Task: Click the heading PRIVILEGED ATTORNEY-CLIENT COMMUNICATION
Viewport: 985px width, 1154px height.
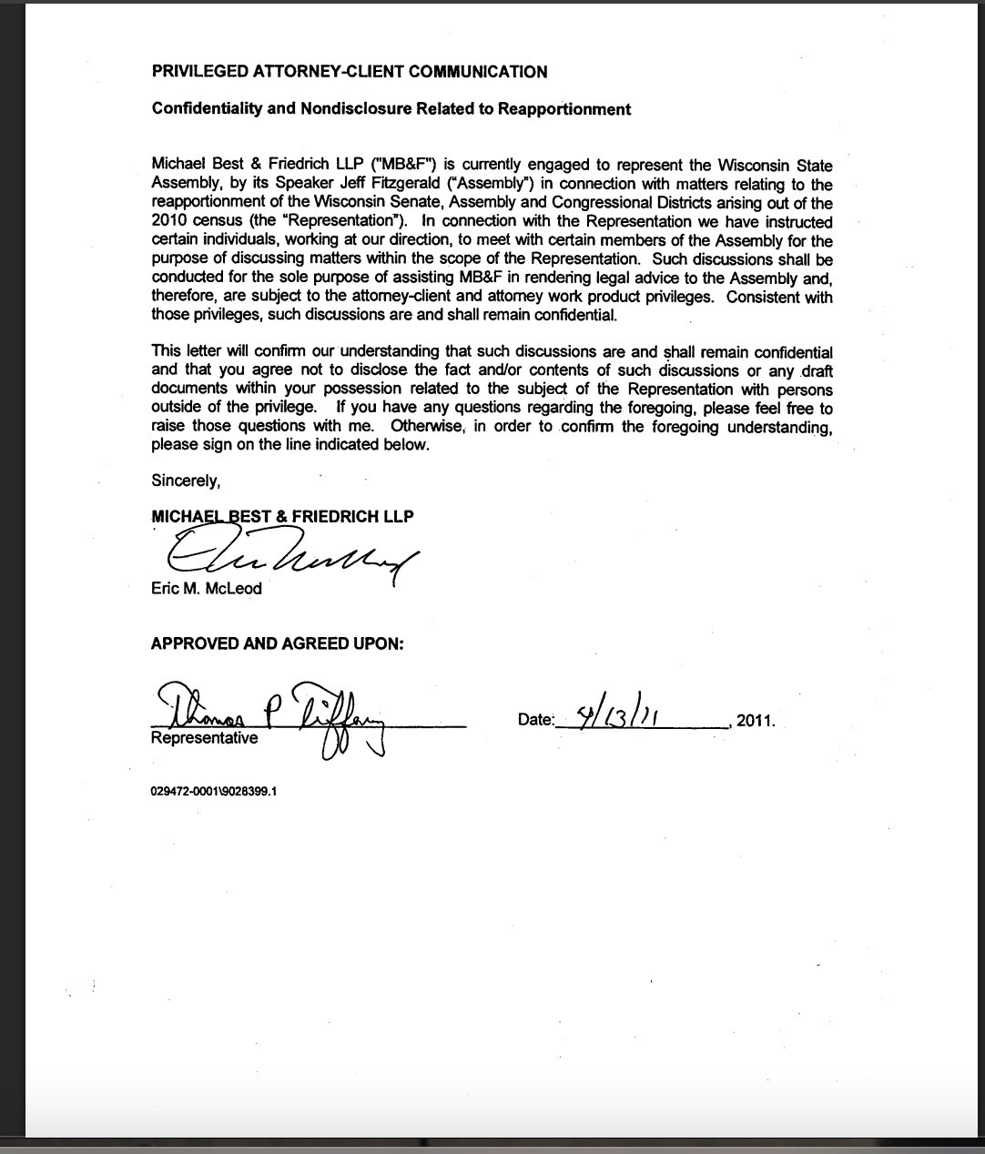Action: coord(350,72)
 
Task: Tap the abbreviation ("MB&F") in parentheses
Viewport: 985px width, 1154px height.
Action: coord(401,166)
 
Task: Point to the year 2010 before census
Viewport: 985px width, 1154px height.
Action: coord(169,222)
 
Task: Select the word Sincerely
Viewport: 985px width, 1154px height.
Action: coord(186,480)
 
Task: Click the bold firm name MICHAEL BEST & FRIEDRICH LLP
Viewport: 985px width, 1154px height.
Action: coord(282,517)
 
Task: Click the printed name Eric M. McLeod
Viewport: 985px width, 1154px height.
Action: coord(206,589)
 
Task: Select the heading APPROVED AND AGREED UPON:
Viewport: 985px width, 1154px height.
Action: coord(277,643)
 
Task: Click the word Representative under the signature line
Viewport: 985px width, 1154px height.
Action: coord(204,738)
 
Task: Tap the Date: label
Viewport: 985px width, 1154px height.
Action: coord(535,720)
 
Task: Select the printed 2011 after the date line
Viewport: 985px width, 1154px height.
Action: coord(756,721)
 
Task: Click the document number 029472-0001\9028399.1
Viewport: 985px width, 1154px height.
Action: coord(214,791)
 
